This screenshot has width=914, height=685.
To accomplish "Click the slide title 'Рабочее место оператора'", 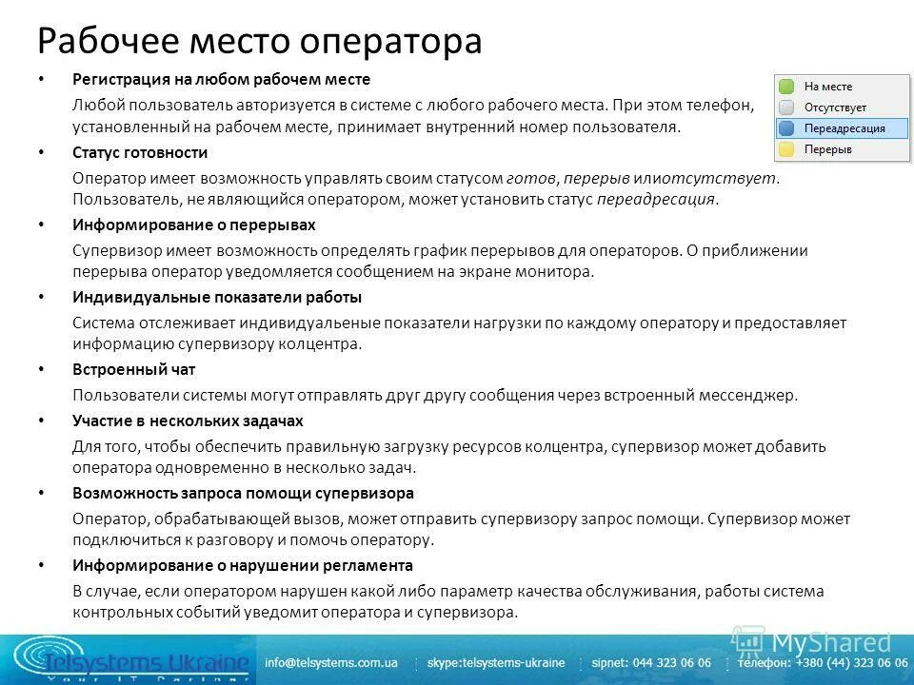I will (x=259, y=41).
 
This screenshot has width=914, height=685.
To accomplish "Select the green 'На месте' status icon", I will (x=786, y=87).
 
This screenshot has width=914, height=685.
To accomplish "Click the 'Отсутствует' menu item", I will (x=835, y=108).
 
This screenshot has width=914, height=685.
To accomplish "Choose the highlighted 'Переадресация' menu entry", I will (x=844, y=128).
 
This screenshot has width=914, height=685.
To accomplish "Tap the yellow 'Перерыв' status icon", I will (x=786, y=149).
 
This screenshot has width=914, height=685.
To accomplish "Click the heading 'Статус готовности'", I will (x=140, y=152).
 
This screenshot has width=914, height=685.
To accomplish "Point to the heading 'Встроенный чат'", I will (x=133, y=369).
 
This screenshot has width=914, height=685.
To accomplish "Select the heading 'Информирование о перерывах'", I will (x=193, y=225).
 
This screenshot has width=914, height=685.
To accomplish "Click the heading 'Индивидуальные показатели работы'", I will (x=217, y=297).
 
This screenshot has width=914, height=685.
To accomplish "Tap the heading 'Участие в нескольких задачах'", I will (x=188, y=421).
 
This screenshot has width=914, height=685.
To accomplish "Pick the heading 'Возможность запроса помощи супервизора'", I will (x=243, y=493).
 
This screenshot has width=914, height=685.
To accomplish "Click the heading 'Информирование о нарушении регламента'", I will (x=243, y=565).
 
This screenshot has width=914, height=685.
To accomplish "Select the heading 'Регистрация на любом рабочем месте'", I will (x=221, y=79).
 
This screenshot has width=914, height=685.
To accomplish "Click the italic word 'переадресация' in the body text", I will (x=655, y=200).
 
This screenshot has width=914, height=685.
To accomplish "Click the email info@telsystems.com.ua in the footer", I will (x=331, y=662).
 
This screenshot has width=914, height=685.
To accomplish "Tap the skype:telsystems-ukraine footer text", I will (x=496, y=662).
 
